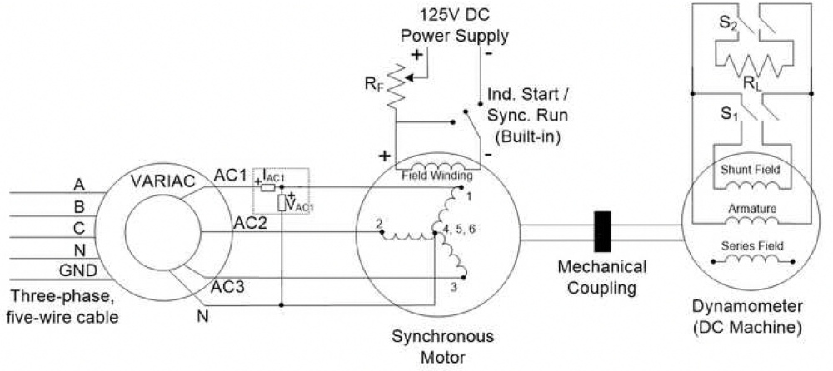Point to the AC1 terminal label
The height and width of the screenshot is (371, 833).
(x=230, y=176)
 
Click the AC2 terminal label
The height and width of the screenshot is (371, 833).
(x=250, y=223)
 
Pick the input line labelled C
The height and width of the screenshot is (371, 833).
(x=78, y=227)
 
